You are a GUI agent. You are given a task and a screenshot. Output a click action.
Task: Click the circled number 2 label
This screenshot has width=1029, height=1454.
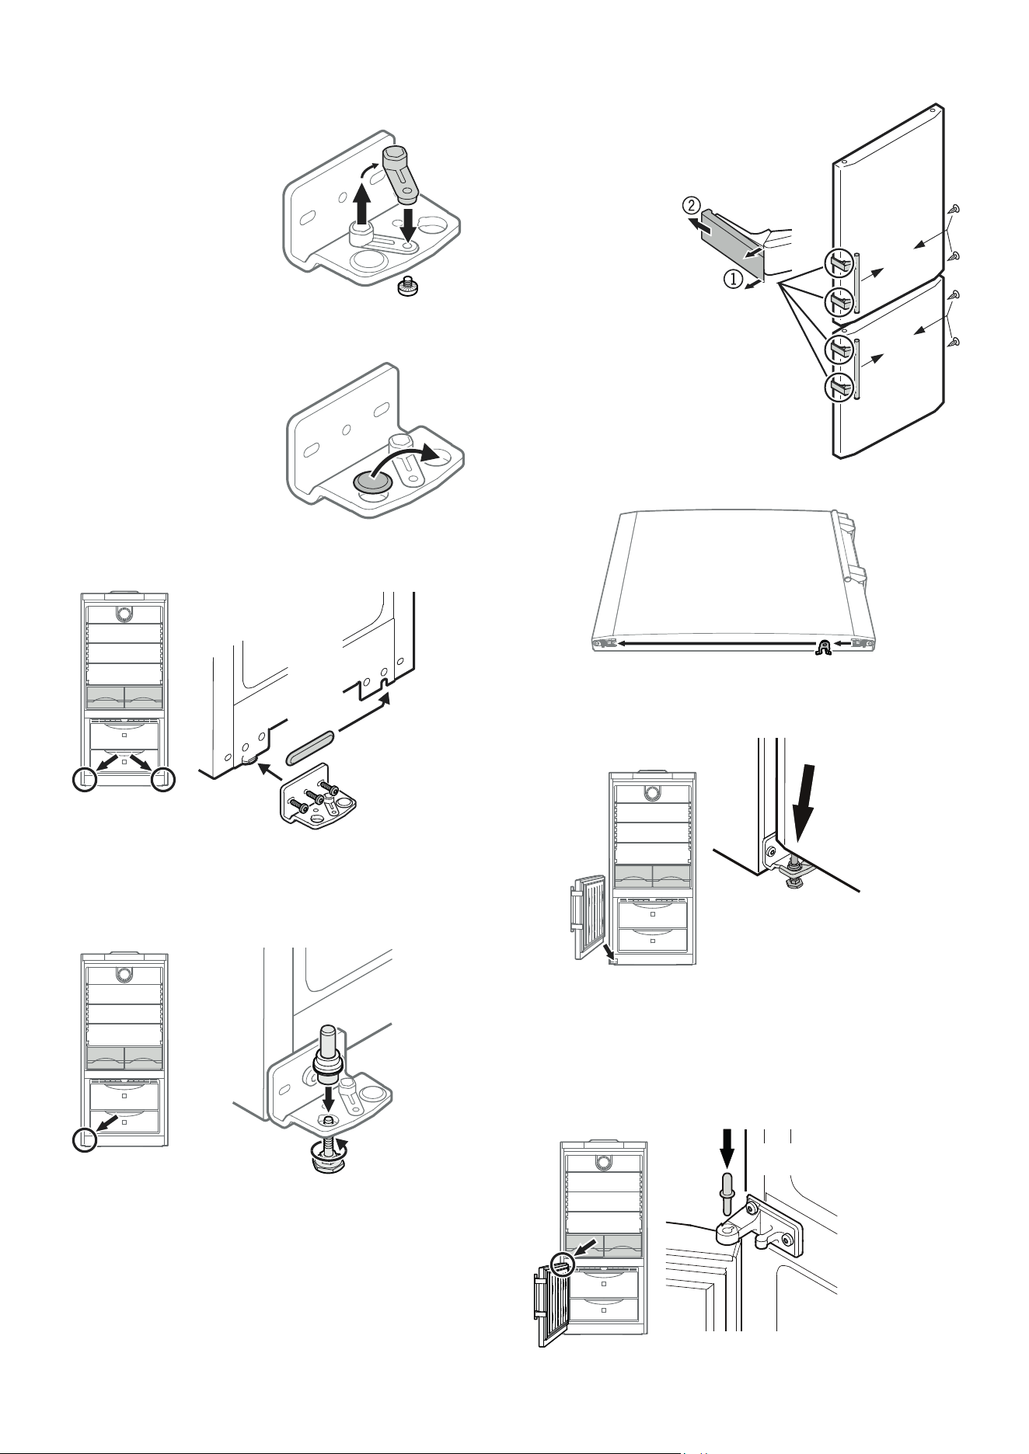tap(690, 206)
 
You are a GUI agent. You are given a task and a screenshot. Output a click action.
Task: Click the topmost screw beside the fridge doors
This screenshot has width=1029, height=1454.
tap(954, 208)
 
